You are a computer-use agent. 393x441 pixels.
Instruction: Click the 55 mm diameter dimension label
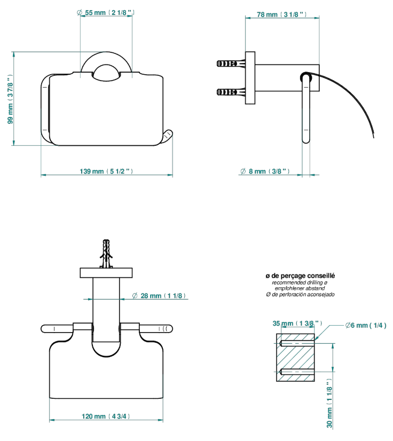(x=106, y=13)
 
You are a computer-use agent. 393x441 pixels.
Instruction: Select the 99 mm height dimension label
(x=10, y=99)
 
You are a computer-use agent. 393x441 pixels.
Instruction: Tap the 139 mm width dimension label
(x=106, y=171)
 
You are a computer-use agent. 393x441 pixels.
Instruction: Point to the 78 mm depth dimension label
(x=281, y=14)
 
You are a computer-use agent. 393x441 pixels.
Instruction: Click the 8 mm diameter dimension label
(x=265, y=171)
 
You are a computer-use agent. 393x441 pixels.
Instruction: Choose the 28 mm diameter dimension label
(x=159, y=296)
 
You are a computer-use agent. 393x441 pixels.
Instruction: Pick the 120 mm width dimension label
(x=106, y=416)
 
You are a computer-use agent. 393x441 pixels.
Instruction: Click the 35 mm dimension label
(x=297, y=324)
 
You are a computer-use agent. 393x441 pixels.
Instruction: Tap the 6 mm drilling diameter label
(x=366, y=325)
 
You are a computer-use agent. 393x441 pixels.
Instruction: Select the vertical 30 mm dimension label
(x=329, y=403)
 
